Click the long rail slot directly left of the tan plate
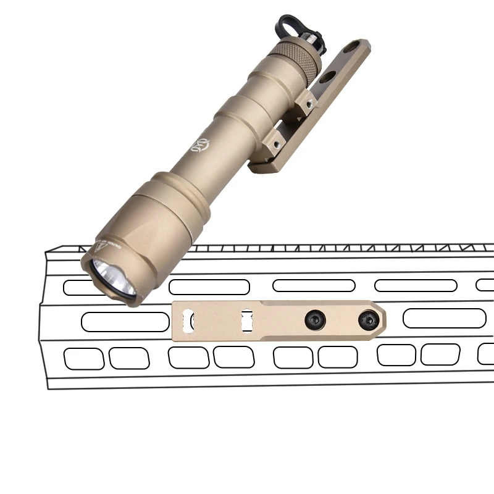tap(125, 322)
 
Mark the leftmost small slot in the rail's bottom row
tap(84, 358)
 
